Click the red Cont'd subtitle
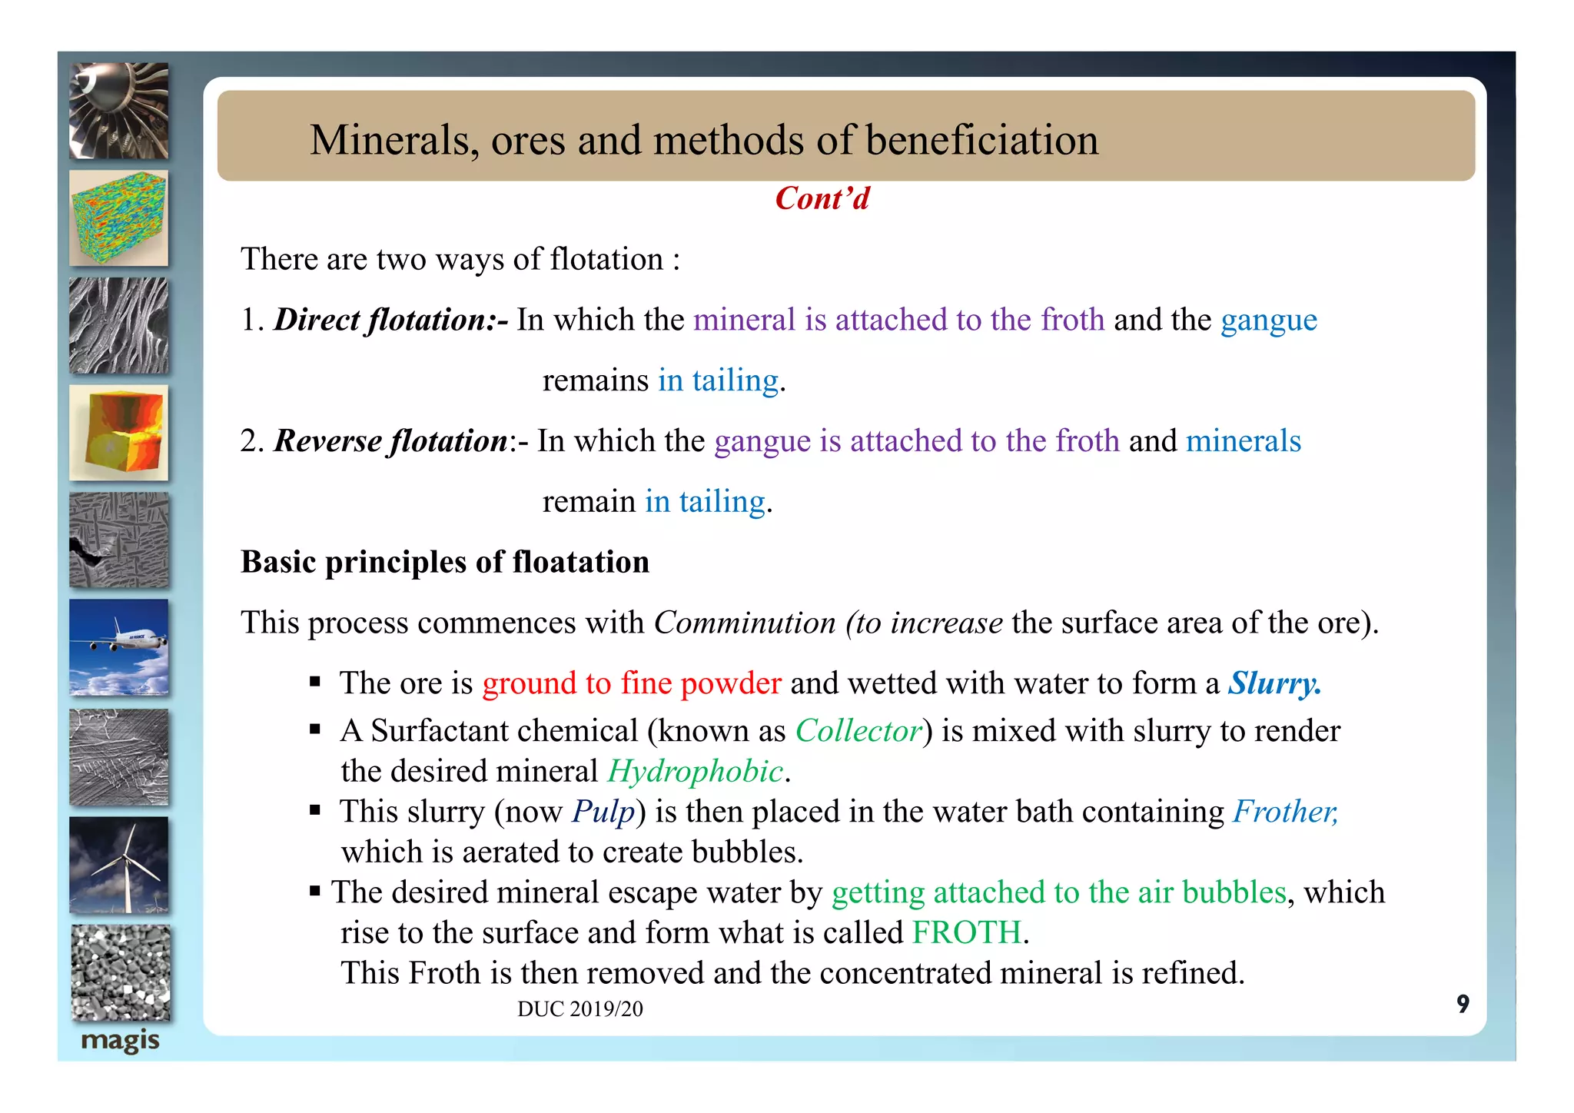(822, 198)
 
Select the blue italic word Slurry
(1273, 683)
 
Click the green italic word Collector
(858, 731)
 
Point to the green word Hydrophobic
(695, 772)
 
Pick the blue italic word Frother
(1285, 812)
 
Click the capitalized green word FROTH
(966, 933)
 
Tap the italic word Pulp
(603, 812)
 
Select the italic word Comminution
(744, 623)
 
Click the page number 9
(1463, 1004)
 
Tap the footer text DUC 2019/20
(579, 1009)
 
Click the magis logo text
(120, 1042)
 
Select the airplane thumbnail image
(119, 647)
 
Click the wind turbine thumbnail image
(119, 864)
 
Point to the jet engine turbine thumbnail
(119, 111)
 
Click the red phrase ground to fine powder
(631, 683)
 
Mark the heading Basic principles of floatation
(444, 562)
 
